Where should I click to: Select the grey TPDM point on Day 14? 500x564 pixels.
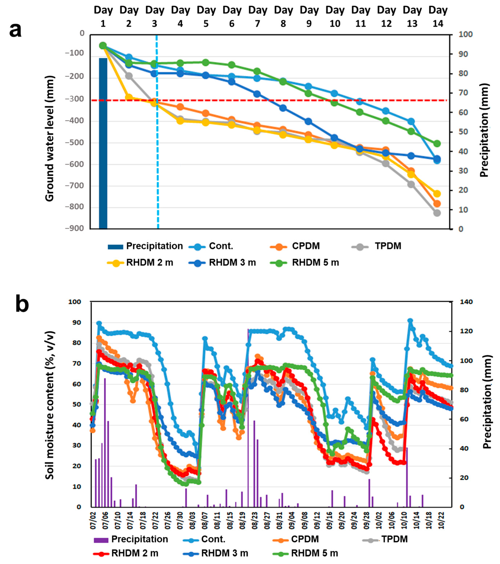click(x=437, y=213)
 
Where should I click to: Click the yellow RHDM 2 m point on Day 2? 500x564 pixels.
click(x=129, y=97)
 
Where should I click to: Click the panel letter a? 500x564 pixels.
click(x=15, y=30)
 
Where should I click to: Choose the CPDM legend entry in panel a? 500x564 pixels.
click(x=295, y=246)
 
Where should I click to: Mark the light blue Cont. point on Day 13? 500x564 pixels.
click(x=411, y=121)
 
